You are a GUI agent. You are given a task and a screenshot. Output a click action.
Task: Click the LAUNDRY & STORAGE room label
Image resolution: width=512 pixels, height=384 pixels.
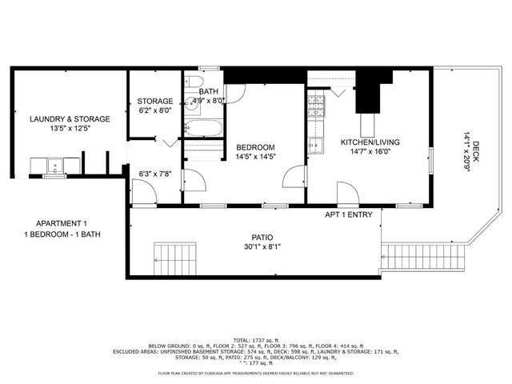[x=70, y=118]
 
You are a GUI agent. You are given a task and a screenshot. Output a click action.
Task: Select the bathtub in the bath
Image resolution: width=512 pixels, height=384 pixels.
[x=204, y=128]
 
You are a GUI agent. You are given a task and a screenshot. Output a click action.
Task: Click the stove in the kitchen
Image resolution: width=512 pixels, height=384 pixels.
[x=315, y=104]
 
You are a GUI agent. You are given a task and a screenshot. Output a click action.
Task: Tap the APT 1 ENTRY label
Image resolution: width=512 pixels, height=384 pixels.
[x=348, y=215]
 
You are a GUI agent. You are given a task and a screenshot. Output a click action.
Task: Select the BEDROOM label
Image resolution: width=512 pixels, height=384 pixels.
[x=255, y=147]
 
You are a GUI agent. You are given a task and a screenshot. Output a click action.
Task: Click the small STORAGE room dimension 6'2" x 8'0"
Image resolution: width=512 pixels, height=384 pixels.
[x=154, y=110]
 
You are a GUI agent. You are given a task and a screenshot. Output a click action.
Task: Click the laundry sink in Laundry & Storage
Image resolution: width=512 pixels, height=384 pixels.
[x=55, y=166]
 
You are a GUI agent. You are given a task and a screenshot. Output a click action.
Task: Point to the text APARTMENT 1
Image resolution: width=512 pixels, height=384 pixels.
[x=62, y=223]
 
